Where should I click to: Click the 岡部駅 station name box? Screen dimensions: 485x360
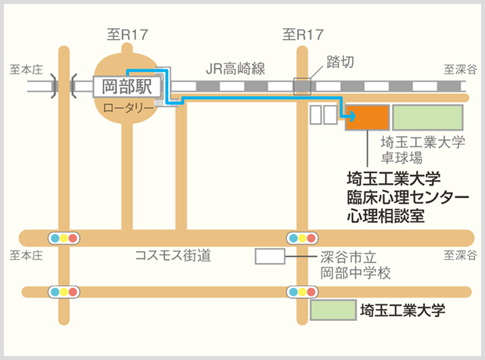[x=128, y=87]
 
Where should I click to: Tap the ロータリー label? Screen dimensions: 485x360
[x=128, y=108]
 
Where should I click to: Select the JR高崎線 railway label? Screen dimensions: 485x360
[x=235, y=68]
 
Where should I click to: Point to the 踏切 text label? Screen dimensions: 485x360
[x=340, y=62]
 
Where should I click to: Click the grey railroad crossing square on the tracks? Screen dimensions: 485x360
[x=302, y=86]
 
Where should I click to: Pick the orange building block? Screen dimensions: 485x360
[x=367, y=117]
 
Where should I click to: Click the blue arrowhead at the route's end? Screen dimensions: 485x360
[x=352, y=117]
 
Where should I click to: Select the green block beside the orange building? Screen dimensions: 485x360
[x=428, y=117]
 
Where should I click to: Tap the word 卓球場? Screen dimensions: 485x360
[x=401, y=158]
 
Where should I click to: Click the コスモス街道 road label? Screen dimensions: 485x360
[x=173, y=255]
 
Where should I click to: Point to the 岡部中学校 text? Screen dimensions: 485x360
[x=355, y=272]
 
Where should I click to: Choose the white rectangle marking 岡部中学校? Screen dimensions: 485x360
[x=270, y=256]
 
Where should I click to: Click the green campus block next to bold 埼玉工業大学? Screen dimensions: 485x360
[x=333, y=310]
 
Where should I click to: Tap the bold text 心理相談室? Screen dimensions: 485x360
[x=386, y=216]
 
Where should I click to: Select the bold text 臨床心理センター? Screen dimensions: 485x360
[x=408, y=197]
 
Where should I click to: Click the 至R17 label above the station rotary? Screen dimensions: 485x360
[x=128, y=34]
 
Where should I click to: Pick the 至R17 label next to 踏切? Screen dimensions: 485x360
[x=303, y=34]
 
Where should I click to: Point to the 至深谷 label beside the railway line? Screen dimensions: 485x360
[x=460, y=70]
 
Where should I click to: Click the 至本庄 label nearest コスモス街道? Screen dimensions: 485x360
[x=26, y=256]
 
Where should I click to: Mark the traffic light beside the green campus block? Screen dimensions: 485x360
[x=302, y=292]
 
